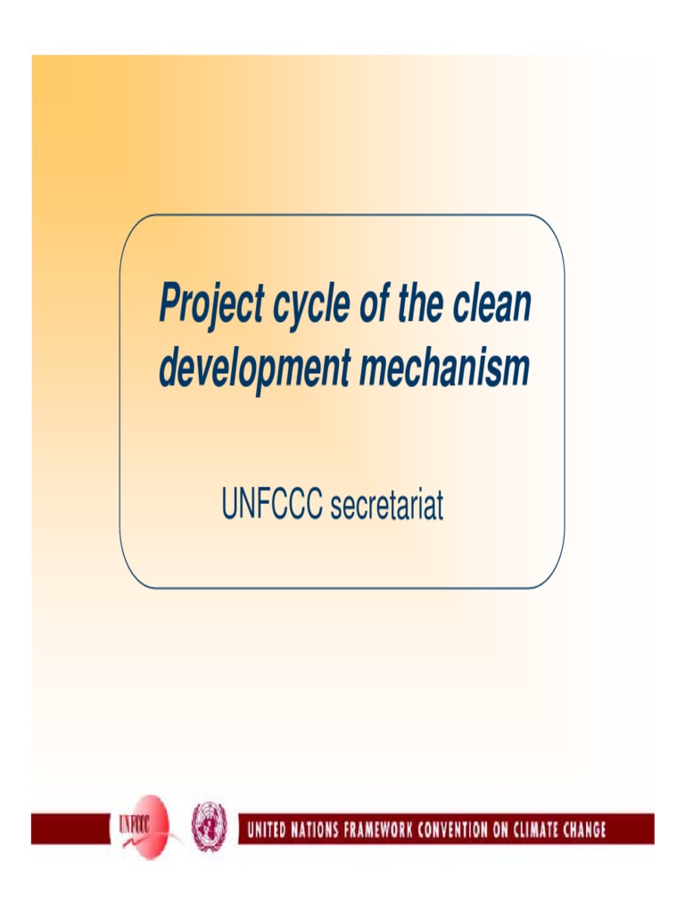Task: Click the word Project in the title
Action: click(x=210, y=306)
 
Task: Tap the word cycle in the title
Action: click(x=310, y=306)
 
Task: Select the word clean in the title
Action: click(x=491, y=304)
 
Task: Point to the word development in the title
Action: click(x=253, y=369)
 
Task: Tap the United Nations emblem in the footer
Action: click(x=210, y=826)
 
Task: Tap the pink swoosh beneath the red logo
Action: click(x=169, y=842)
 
